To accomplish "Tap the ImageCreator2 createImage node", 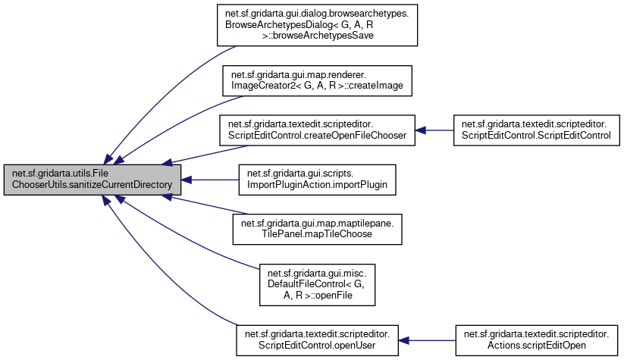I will pos(317,81).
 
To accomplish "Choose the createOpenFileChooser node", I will pos(317,130).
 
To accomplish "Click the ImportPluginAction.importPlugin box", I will pos(317,180).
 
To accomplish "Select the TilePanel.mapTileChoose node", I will pos(317,229).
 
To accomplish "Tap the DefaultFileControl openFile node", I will pos(317,283).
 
